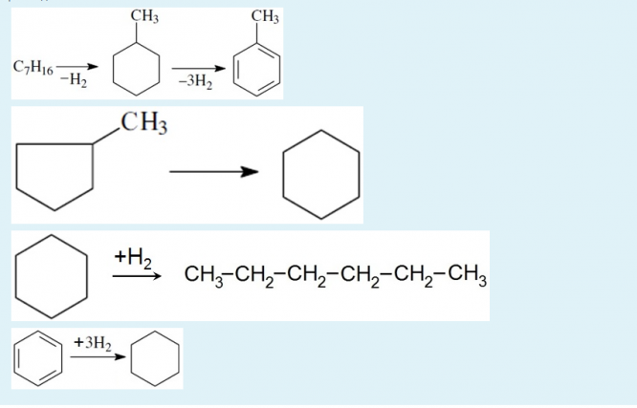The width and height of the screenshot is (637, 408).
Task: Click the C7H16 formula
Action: point(33,66)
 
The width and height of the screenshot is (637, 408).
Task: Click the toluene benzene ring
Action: point(259,72)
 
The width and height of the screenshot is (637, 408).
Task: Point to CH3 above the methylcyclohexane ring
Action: point(143,16)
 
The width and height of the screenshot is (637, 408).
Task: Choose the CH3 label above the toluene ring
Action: point(265,16)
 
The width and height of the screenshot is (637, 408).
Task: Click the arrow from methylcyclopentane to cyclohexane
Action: point(214,173)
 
